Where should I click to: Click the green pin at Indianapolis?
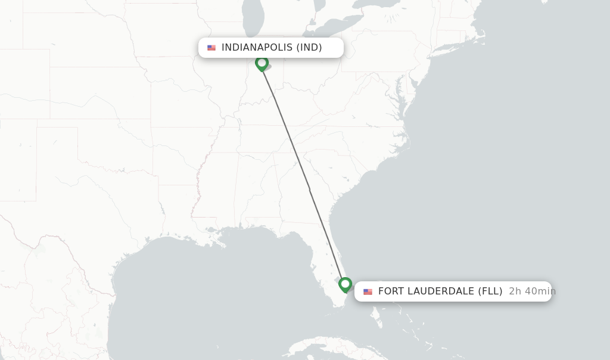click(x=262, y=63)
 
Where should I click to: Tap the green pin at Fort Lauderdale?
click(x=345, y=284)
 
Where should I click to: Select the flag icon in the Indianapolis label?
click(x=211, y=48)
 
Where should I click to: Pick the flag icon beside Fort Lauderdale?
click(x=368, y=291)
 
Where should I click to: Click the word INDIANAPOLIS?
click(x=257, y=48)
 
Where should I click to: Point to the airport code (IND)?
click(x=309, y=48)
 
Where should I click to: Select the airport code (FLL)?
click(x=490, y=291)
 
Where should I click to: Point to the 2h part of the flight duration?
click(x=515, y=291)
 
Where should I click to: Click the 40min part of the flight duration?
click(x=540, y=291)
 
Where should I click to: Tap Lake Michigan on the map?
click(x=253, y=24)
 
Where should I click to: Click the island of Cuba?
click(x=334, y=346)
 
